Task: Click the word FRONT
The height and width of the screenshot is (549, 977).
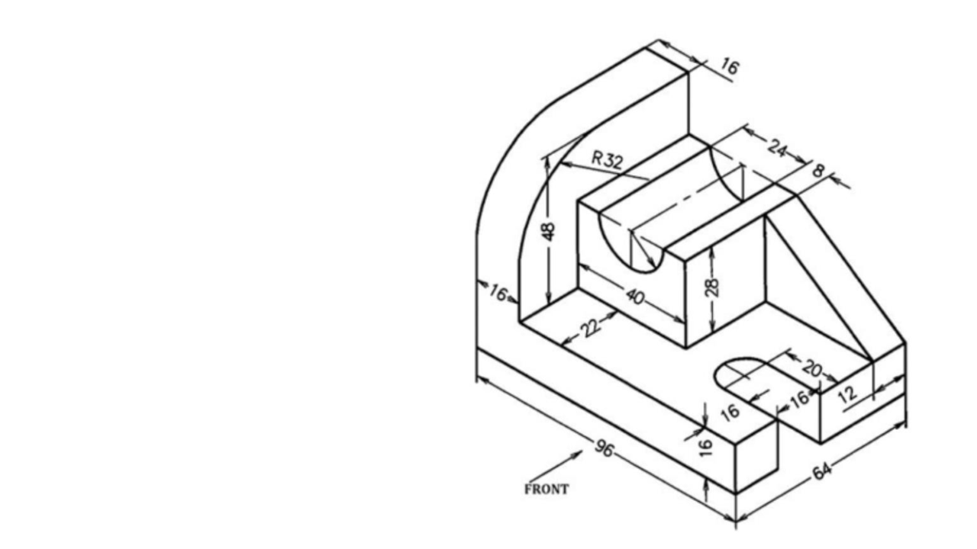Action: [x=547, y=490]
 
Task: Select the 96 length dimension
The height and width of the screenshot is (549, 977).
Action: [x=604, y=449]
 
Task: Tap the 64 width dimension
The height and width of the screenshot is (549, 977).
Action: [x=821, y=472]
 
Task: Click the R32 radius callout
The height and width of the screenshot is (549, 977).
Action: [x=608, y=160]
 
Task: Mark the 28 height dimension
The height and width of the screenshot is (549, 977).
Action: [x=712, y=287]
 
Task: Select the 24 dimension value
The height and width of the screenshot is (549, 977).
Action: [x=776, y=149]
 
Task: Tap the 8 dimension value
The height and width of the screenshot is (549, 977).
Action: [x=818, y=171]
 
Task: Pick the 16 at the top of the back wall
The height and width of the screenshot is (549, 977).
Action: [x=729, y=67]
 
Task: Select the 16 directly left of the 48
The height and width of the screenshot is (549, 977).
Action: [x=498, y=292]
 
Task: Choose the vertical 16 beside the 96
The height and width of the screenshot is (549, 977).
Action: [x=706, y=443]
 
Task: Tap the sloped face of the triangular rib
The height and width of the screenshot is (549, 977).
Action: [x=821, y=282]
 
